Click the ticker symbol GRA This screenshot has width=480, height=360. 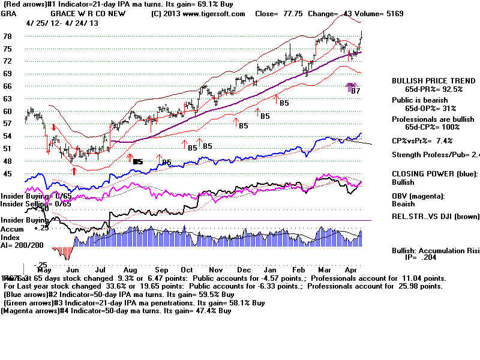[8, 13]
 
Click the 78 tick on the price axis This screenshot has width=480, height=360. [8, 36]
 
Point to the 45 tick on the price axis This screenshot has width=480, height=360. [8, 173]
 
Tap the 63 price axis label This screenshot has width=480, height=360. [8, 98]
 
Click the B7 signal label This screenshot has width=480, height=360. [355, 91]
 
